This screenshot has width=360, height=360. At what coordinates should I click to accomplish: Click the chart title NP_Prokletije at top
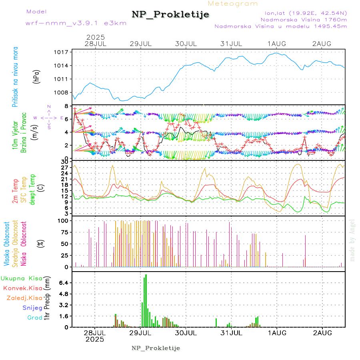pyautogui.click(x=170, y=14)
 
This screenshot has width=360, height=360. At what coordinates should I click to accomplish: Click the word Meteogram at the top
pyautogui.click(x=233, y=4)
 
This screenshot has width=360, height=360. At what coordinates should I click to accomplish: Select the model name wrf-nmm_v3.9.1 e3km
pyautogui.click(x=76, y=23)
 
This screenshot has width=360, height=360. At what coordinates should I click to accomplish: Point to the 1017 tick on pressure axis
pyautogui.click(x=63, y=52)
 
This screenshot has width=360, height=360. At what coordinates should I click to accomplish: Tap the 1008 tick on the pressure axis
pyautogui.click(x=63, y=92)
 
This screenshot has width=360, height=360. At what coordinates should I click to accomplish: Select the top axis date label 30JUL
pyautogui.click(x=186, y=44)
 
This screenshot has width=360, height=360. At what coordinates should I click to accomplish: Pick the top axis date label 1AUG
pyautogui.click(x=277, y=44)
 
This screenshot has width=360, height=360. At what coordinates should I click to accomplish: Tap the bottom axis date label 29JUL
pyautogui.click(x=141, y=332)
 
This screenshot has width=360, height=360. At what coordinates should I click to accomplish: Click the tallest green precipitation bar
pyautogui.click(x=146, y=300)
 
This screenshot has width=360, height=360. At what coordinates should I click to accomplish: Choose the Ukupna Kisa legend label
pyautogui.click(x=21, y=278)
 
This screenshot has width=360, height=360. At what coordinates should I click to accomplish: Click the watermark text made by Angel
pyautogui.click(x=352, y=240)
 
